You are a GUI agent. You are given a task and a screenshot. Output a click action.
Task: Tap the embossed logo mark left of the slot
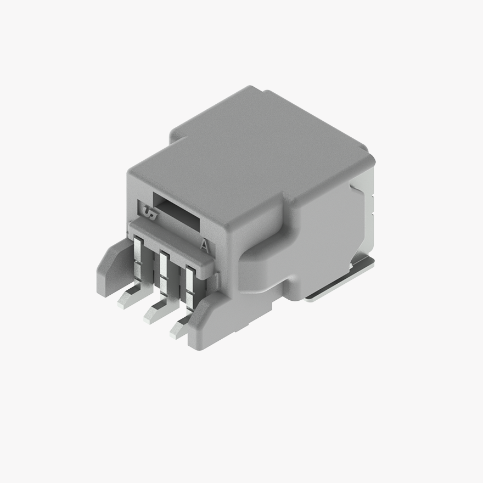[149, 211]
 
